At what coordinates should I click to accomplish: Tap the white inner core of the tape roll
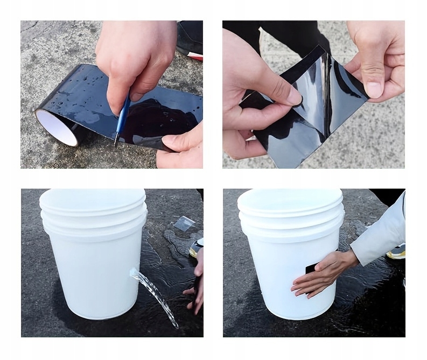[x=57, y=127]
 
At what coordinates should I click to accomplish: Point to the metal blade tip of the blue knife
[x=115, y=143]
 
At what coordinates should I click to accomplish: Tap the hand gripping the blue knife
[x=135, y=59]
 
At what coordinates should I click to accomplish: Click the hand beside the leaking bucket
[x=195, y=283]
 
